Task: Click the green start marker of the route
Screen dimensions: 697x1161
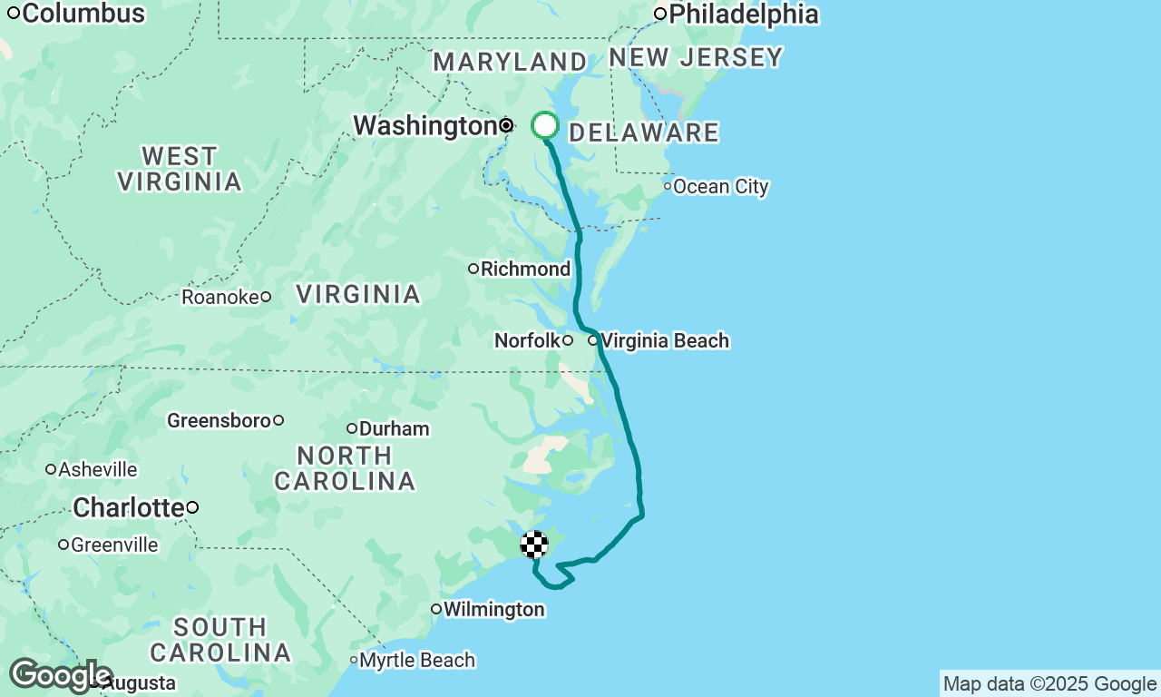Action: coord(544,125)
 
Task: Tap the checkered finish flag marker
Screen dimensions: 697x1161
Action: coord(534,545)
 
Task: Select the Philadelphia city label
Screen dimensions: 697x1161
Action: coord(743,15)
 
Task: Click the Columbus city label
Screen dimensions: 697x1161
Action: coord(82,14)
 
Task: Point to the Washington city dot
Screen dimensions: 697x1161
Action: coord(506,125)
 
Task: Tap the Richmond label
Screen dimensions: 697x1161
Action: coord(525,269)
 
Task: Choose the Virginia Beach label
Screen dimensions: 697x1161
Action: coord(664,341)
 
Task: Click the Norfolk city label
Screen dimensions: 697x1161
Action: coord(527,341)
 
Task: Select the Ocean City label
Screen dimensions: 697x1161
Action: coord(720,187)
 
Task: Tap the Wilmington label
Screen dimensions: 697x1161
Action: coord(493,609)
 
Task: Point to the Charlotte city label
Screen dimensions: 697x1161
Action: coord(128,507)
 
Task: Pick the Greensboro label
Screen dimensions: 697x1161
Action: coord(219,420)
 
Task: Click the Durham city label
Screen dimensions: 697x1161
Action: coord(394,428)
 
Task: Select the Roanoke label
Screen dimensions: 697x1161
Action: coord(220,297)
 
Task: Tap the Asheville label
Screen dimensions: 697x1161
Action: coord(97,469)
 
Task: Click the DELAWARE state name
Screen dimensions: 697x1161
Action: coord(643,133)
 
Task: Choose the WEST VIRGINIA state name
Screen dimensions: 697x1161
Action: coord(180,169)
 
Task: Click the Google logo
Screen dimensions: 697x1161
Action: coord(60,676)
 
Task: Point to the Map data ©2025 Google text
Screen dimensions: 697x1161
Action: coord(1049,684)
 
